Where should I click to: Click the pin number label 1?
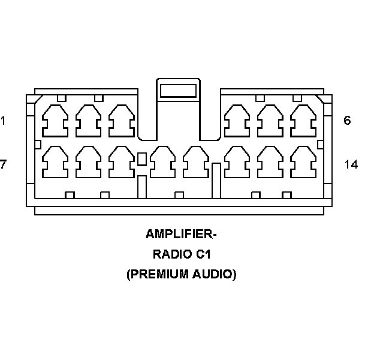click(x=3, y=121)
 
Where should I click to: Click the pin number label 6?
click(x=347, y=121)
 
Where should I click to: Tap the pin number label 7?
click(x=3, y=164)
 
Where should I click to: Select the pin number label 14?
click(x=351, y=164)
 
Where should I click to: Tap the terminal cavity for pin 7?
click(x=55, y=163)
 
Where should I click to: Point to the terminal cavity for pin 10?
click(x=162, y=163)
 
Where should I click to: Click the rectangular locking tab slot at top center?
click(x=178, y=91)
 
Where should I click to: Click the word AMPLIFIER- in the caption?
click(x=180, y=234)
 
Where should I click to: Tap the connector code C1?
click(x=203, y=254)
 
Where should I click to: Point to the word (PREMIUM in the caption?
click(x=154, y=275)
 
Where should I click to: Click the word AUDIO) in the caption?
click(x=213, y=275)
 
